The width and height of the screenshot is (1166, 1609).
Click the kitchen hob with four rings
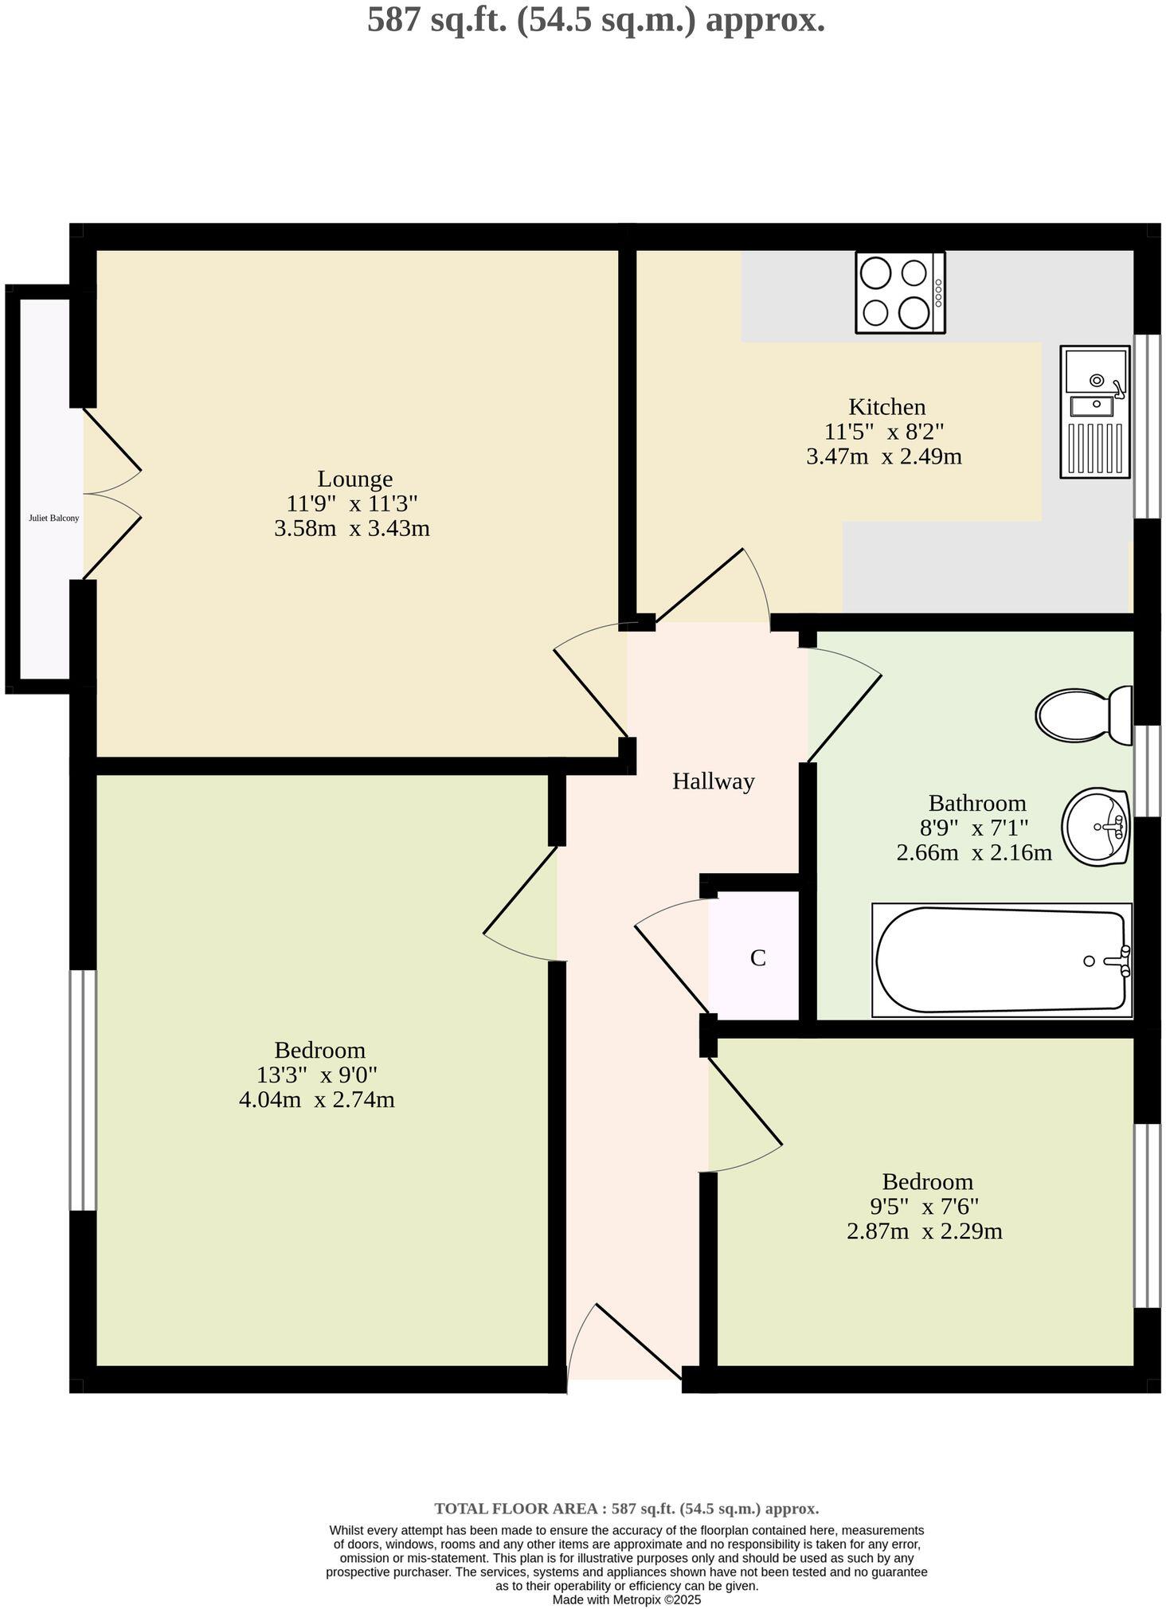point(899,292)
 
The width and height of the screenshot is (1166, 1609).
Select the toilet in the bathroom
point(1083,714)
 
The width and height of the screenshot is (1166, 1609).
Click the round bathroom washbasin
point(1096,826)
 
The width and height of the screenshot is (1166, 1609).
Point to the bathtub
point(1001,960)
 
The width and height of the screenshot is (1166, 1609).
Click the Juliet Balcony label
point(53,518)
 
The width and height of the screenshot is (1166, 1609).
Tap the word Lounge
point(354,479)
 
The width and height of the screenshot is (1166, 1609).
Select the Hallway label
point(713,781)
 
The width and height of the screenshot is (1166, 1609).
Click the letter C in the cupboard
point(757,958)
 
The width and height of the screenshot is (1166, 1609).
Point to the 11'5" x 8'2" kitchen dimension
point(883,432)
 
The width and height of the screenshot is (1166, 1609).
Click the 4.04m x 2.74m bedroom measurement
point(317,1100)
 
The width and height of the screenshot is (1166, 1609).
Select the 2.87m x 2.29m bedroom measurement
point(924,1231)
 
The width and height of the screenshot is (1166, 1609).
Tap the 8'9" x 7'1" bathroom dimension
point(974,828)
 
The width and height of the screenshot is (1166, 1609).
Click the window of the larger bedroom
point(83,1090)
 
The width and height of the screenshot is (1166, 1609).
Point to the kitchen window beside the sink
point(1146,426)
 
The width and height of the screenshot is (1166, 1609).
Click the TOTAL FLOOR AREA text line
point(626,1508)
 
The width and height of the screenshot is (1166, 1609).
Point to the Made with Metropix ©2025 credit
point(626,1599)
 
